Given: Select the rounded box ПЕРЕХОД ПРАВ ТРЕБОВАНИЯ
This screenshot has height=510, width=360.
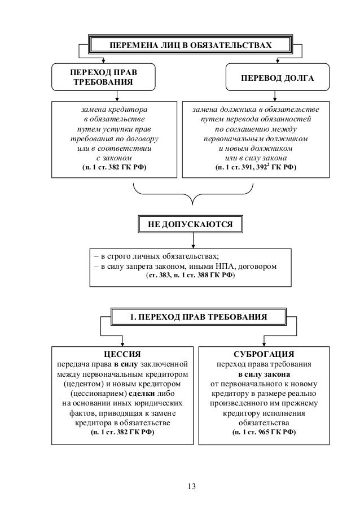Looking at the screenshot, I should [102, 77].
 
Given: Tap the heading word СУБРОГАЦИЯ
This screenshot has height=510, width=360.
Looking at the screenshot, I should [264, 354].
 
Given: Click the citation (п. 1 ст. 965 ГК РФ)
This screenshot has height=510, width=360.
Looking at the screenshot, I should [264, 433].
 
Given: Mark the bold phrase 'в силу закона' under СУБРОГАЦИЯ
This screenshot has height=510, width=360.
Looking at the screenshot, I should [264, 374].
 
